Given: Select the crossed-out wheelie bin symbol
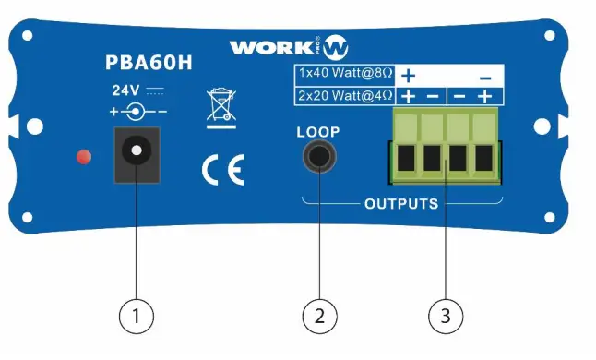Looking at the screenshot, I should click(221, 105).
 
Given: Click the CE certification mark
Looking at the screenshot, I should click(222, 171).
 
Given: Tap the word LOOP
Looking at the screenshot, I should click(318, 131).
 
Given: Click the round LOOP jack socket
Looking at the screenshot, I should click(319, 158).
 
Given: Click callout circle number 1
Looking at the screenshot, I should click(137, 317).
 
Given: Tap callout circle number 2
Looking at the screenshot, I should click(319, 317).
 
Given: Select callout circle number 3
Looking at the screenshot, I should click(447, 317).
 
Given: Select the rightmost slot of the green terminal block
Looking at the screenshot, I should click(483, 159).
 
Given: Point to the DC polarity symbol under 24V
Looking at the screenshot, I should click(138, 112).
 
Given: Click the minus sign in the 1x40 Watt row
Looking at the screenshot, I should click(485, 74).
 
